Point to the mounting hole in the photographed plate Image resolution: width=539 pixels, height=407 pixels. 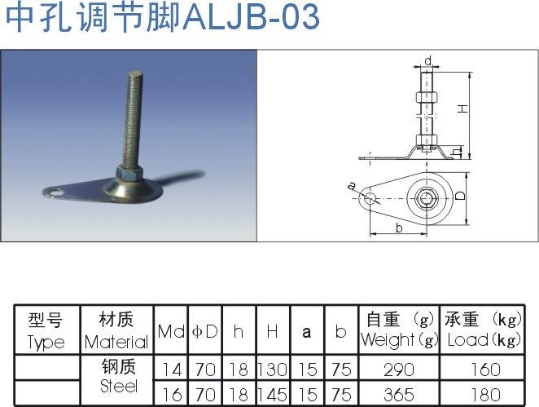coord(55,192)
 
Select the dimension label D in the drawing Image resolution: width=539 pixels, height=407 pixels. coord(460,197)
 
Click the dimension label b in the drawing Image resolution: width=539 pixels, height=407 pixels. coord(399,228)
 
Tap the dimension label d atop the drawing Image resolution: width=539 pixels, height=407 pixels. coord(427,60)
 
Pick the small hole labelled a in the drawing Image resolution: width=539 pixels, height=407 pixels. coord(369,197)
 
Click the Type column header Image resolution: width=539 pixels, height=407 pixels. coord(46,330)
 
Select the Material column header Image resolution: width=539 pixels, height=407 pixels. coord(116,330)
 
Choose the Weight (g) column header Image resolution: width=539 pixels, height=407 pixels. coord(398,330)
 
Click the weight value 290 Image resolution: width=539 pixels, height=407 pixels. coord(398,369)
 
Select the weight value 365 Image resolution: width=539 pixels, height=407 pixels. coord(398,394)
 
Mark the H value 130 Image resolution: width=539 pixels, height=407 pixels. coord(273,369)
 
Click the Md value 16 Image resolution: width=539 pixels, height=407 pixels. coord(172,394)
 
